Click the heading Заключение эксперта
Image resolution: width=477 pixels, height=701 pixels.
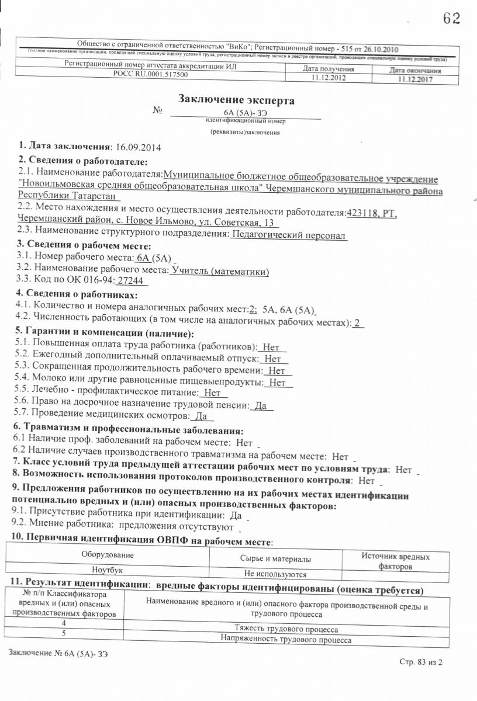coord(236,100)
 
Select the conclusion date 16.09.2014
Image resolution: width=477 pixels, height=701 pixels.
coord(139,147)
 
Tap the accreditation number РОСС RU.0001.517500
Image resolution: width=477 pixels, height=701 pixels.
coord(150,75)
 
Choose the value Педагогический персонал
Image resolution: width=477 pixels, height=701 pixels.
coord(289,235)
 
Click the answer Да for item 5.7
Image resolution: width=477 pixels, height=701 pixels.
coord(201,416)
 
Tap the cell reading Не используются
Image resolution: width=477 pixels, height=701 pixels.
coord(275,575)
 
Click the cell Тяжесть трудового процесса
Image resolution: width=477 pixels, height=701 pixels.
coord(286,629)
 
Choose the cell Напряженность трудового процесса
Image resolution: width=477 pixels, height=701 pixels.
coord(286,640)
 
